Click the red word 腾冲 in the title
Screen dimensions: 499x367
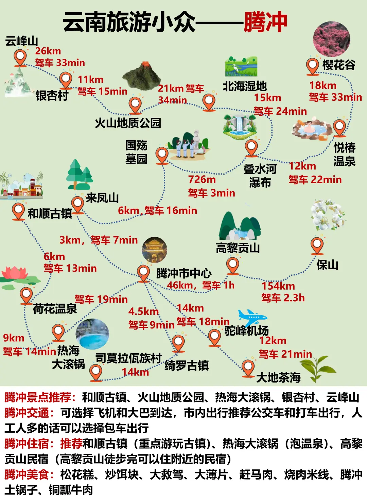[265, 22]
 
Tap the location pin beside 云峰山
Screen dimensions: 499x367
[20, 57]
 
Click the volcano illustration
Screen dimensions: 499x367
[141, 76]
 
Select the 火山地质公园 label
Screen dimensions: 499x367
[128, 123]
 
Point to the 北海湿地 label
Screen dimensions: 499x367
[245, 86]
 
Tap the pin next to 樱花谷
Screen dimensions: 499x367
[312, 66]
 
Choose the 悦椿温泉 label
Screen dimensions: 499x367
[344, 154]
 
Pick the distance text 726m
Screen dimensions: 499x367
[202, 179]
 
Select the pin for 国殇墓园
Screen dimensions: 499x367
[162, 155]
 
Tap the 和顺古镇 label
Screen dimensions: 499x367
[50, 214]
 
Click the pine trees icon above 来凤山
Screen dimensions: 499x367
[80, 175]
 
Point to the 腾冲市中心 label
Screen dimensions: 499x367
[184, 273]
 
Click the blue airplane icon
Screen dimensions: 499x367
[252, 317]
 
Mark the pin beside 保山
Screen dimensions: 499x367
[317, 245]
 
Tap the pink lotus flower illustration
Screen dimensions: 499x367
[15, 274]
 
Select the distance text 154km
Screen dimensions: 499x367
[278, 286]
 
